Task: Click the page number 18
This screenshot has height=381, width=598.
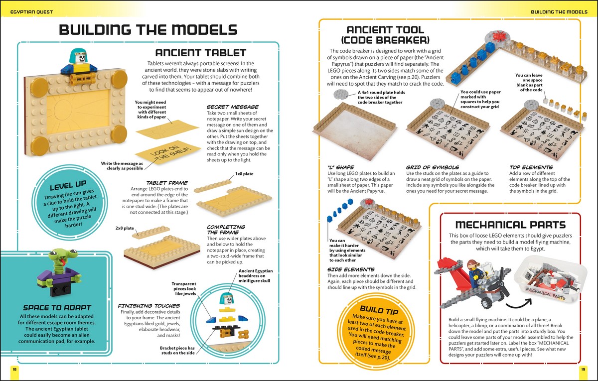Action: coord(14,369)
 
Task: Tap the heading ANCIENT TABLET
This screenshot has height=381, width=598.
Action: coord(201,53)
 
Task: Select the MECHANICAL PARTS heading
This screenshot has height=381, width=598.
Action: coord(510,224)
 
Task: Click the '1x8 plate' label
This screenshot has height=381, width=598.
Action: coord(244,174)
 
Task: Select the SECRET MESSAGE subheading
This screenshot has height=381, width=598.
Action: coord(232,107)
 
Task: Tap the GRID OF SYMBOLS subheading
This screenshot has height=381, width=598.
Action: coord(432,167)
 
